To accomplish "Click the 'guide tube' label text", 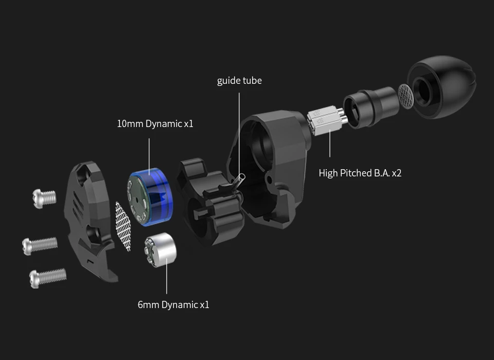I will pos(239,81).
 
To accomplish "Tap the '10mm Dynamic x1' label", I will pos(155,124).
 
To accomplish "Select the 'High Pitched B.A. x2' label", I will pos(360,173).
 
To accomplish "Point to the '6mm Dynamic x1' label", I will pos(173,304).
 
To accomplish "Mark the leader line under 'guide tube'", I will pos(239,129).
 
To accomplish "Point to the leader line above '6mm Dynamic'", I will pos(166,278).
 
